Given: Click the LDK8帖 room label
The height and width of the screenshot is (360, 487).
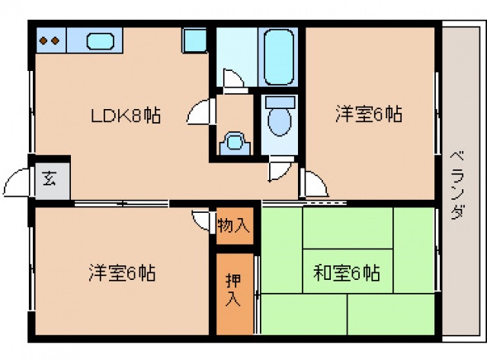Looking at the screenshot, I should point(126,116).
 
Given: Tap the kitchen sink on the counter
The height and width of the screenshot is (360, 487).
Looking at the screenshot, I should point(100,40).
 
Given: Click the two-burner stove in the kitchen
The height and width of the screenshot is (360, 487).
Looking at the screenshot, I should point(50,40).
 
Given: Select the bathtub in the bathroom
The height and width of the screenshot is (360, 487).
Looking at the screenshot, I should point(278,56).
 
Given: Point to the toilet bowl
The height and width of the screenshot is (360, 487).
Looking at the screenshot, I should point(280,119).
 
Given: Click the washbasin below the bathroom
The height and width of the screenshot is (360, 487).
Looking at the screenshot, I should point(234,142).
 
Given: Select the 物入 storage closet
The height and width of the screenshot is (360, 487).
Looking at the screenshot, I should point(234,226).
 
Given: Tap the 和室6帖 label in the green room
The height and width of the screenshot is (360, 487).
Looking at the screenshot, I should point(347,272).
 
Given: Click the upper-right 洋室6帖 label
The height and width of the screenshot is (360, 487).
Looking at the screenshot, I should point(368,114).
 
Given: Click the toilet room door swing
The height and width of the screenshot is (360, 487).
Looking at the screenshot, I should point(280,170).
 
